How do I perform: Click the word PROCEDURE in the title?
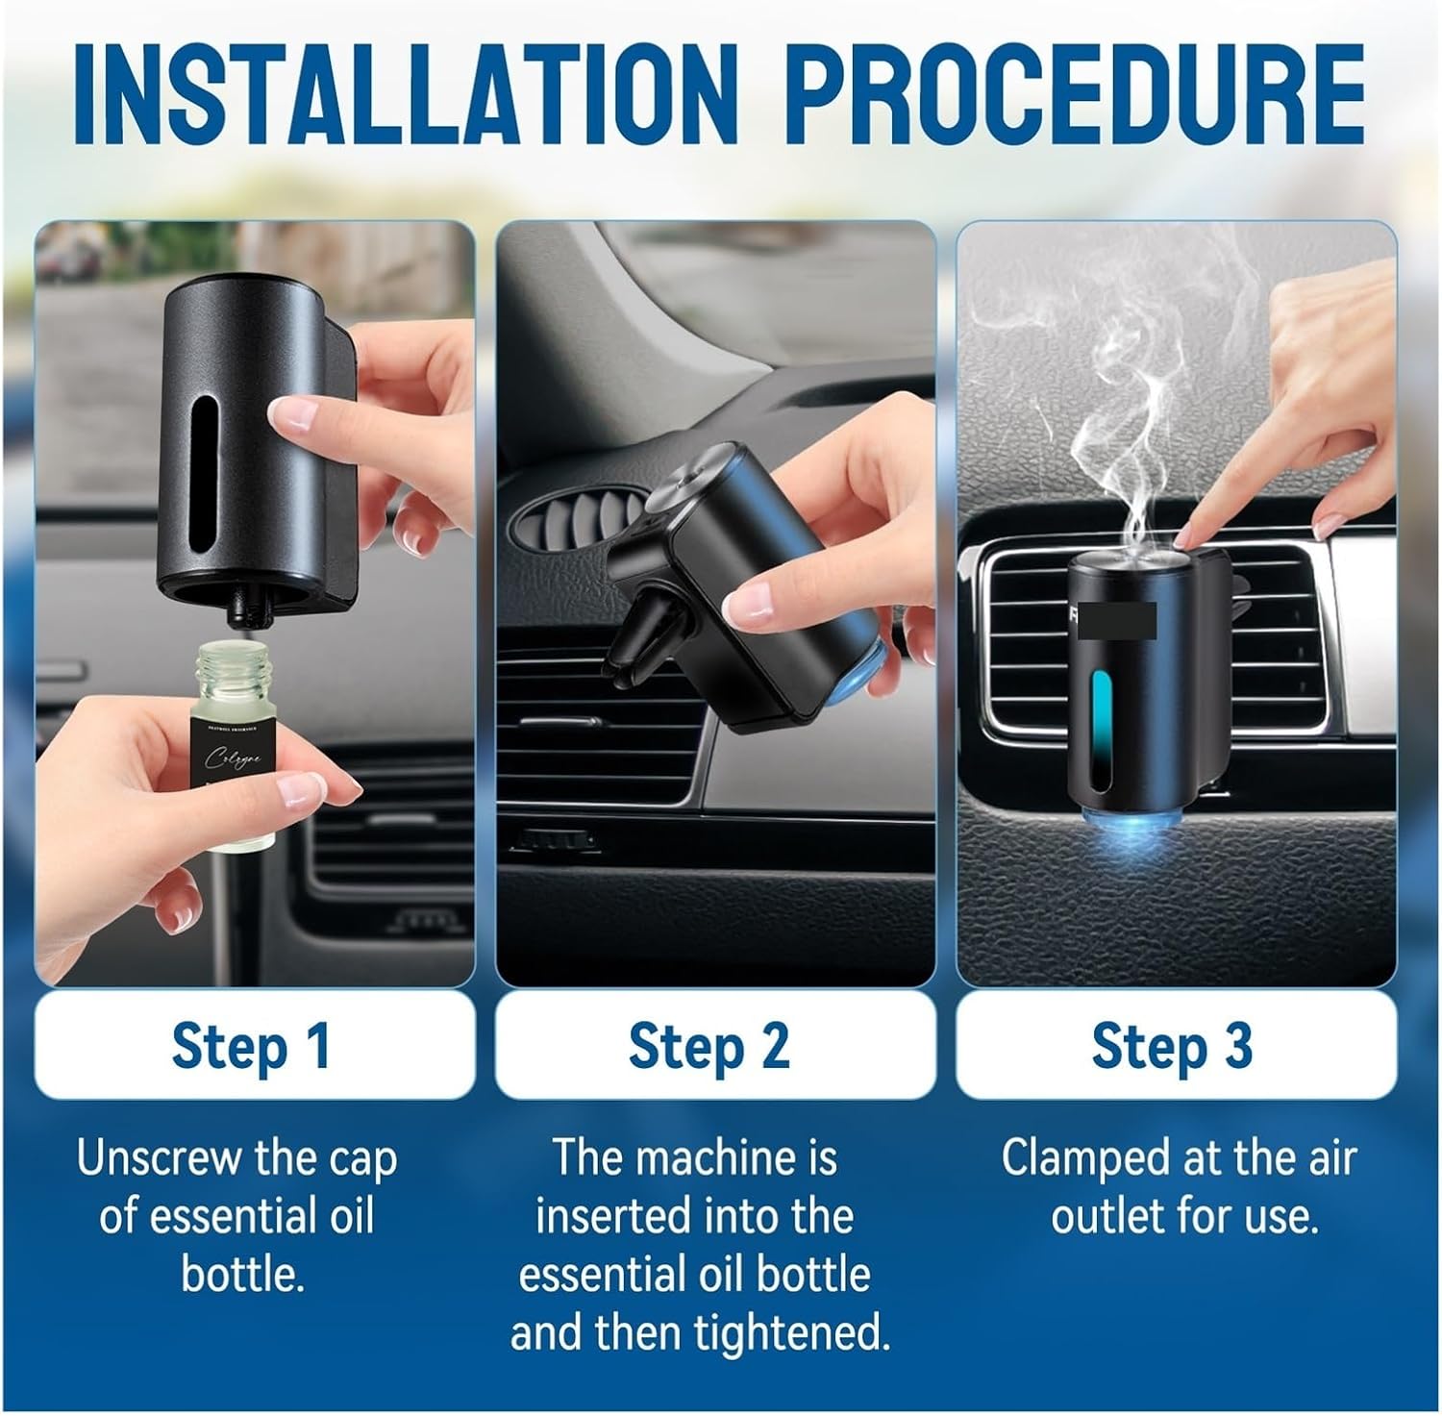tap(1080, 91)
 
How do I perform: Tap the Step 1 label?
tap(252, 1046)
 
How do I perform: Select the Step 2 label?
tap(709, 1046)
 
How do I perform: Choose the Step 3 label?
tap(1172, 1046)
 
